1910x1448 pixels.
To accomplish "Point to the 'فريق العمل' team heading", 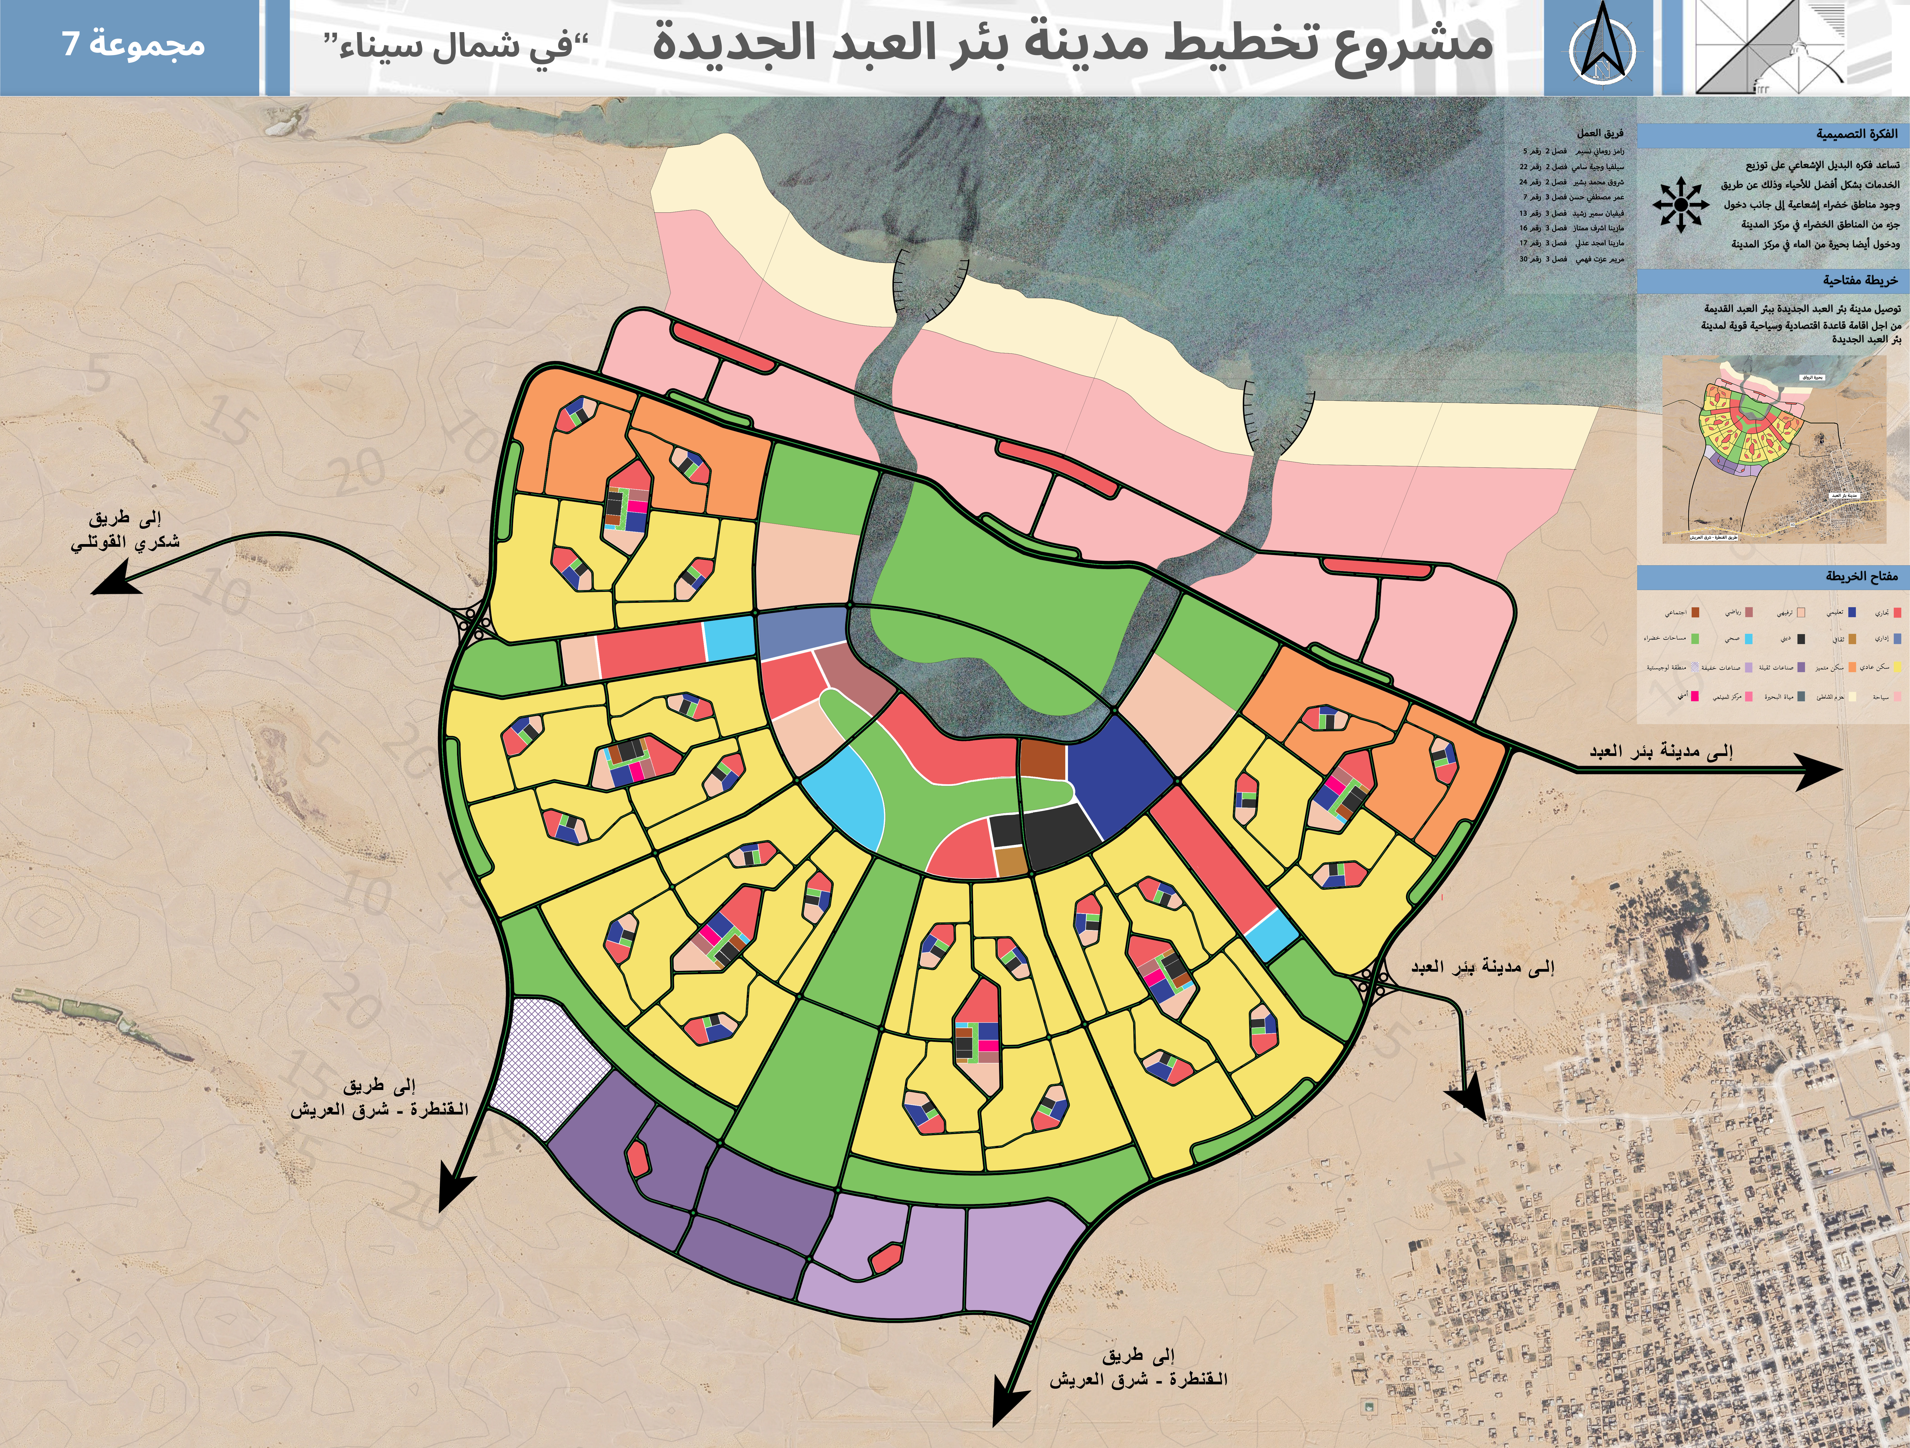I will [x=1600, y=133].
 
